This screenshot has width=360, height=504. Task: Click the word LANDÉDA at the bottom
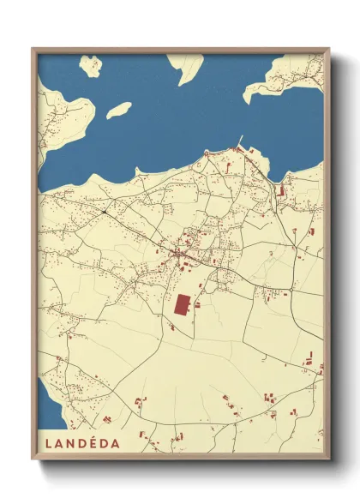click(79, 444)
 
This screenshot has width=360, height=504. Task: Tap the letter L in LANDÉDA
click(45, 444)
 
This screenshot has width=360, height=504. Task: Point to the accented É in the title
click(91, 444)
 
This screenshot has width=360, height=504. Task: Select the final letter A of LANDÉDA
click(115, 444)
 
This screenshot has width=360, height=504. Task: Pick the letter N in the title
click(67, 444)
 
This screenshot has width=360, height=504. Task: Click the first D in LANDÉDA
click(79, 444)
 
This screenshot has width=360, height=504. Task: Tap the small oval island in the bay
click(118, 110)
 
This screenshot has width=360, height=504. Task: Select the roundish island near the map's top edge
click(90, 65)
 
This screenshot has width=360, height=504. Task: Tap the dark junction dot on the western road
click(104, 211)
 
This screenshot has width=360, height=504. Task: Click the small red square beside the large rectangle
click(199, 304)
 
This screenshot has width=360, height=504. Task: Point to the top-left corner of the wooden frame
click(33, 50)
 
